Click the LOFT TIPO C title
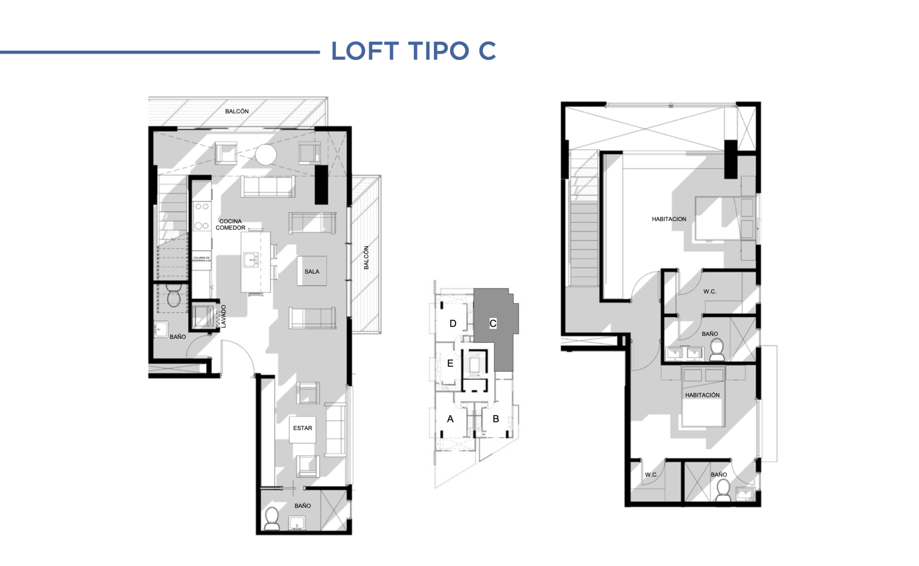click(413, 51)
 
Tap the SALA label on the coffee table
click(311, 271)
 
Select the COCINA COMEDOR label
click(231, 224)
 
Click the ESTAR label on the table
click(302, 428)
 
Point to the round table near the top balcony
click(266, 154)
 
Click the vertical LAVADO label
click(223, 316)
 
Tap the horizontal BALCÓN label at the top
click(236, 111)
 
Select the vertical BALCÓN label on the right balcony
click(366, 257)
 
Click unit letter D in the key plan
click(453, 323)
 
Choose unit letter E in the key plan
click(450, 363)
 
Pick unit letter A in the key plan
click(450, 419)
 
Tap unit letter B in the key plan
click(496, 419)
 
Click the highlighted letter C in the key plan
click(493, 323)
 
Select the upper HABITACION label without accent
click(669, 219)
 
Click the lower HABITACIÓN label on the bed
click(702, 395)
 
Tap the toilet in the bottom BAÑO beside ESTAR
click(272, 518)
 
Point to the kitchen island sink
click(250, 259)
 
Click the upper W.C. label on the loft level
click(709, 292)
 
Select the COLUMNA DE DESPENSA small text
click(201, 259)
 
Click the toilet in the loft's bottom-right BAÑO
click(722, 489)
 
